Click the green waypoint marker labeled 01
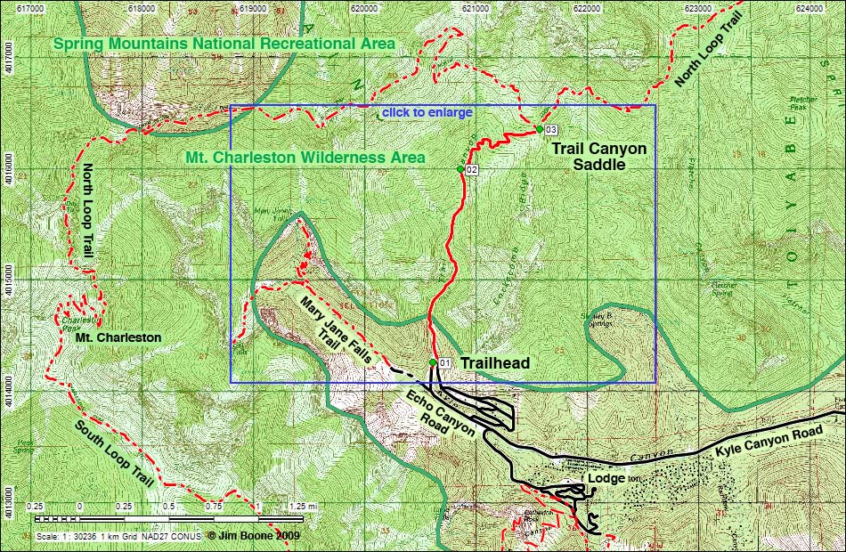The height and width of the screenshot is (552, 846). (433, 362)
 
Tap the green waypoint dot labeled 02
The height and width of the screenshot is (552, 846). (460, 169)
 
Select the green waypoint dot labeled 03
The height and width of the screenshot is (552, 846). (540, 130)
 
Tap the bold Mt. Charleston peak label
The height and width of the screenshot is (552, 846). (118, 337)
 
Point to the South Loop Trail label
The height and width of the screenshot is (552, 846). (115, 454)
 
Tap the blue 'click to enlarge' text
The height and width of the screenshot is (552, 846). (427, 113)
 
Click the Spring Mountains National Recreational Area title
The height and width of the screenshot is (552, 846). (224, 44)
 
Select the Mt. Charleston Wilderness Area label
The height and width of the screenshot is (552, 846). (305, 158)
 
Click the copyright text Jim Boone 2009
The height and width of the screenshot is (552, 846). (254, 536)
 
